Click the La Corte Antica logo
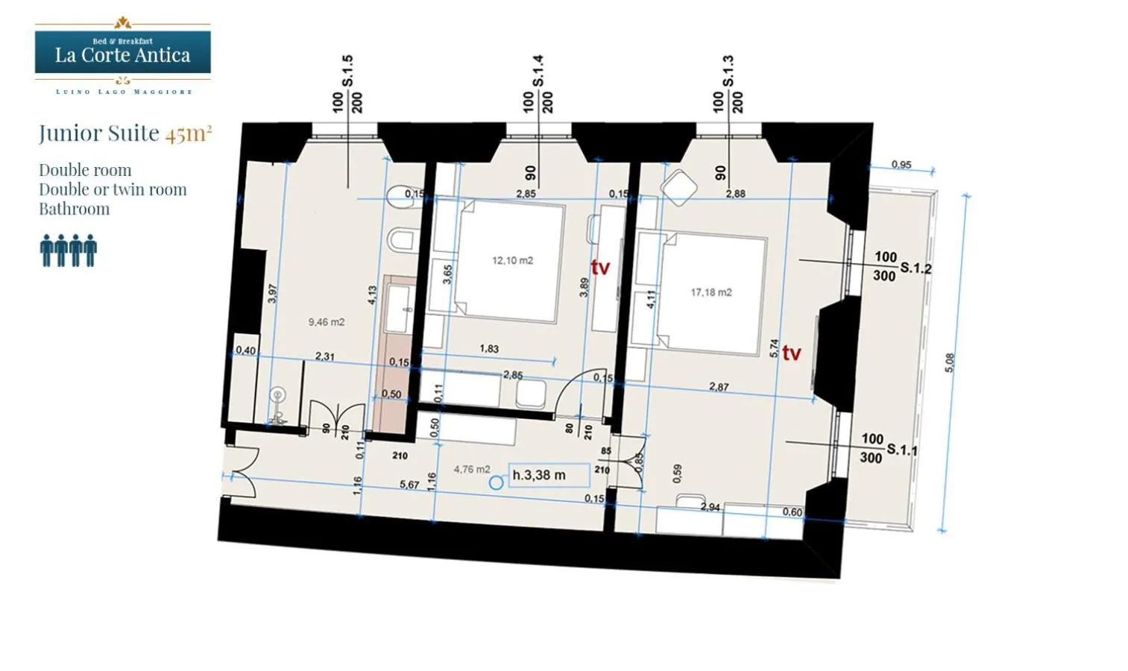coord(123,55)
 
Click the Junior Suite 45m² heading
coord(125,133)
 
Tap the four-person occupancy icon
coord(69,251)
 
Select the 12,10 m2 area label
coord(512,260)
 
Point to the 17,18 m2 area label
coord(710,292)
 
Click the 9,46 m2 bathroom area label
coord(327,322)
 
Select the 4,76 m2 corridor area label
coord(472,469)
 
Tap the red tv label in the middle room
coord(600,268)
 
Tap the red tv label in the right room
coord(791,353)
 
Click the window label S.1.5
coord(347,72)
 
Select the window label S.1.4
coord(538,72)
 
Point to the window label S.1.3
coord(728,72)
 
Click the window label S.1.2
coord(916,268)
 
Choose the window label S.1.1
coord(902,450)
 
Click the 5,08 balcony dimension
coord(949,363)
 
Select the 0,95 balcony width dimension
coord(901,165)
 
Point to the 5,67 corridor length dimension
coord(409,485)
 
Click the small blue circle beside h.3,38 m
coord(496,483)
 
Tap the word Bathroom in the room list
coord(74,210)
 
